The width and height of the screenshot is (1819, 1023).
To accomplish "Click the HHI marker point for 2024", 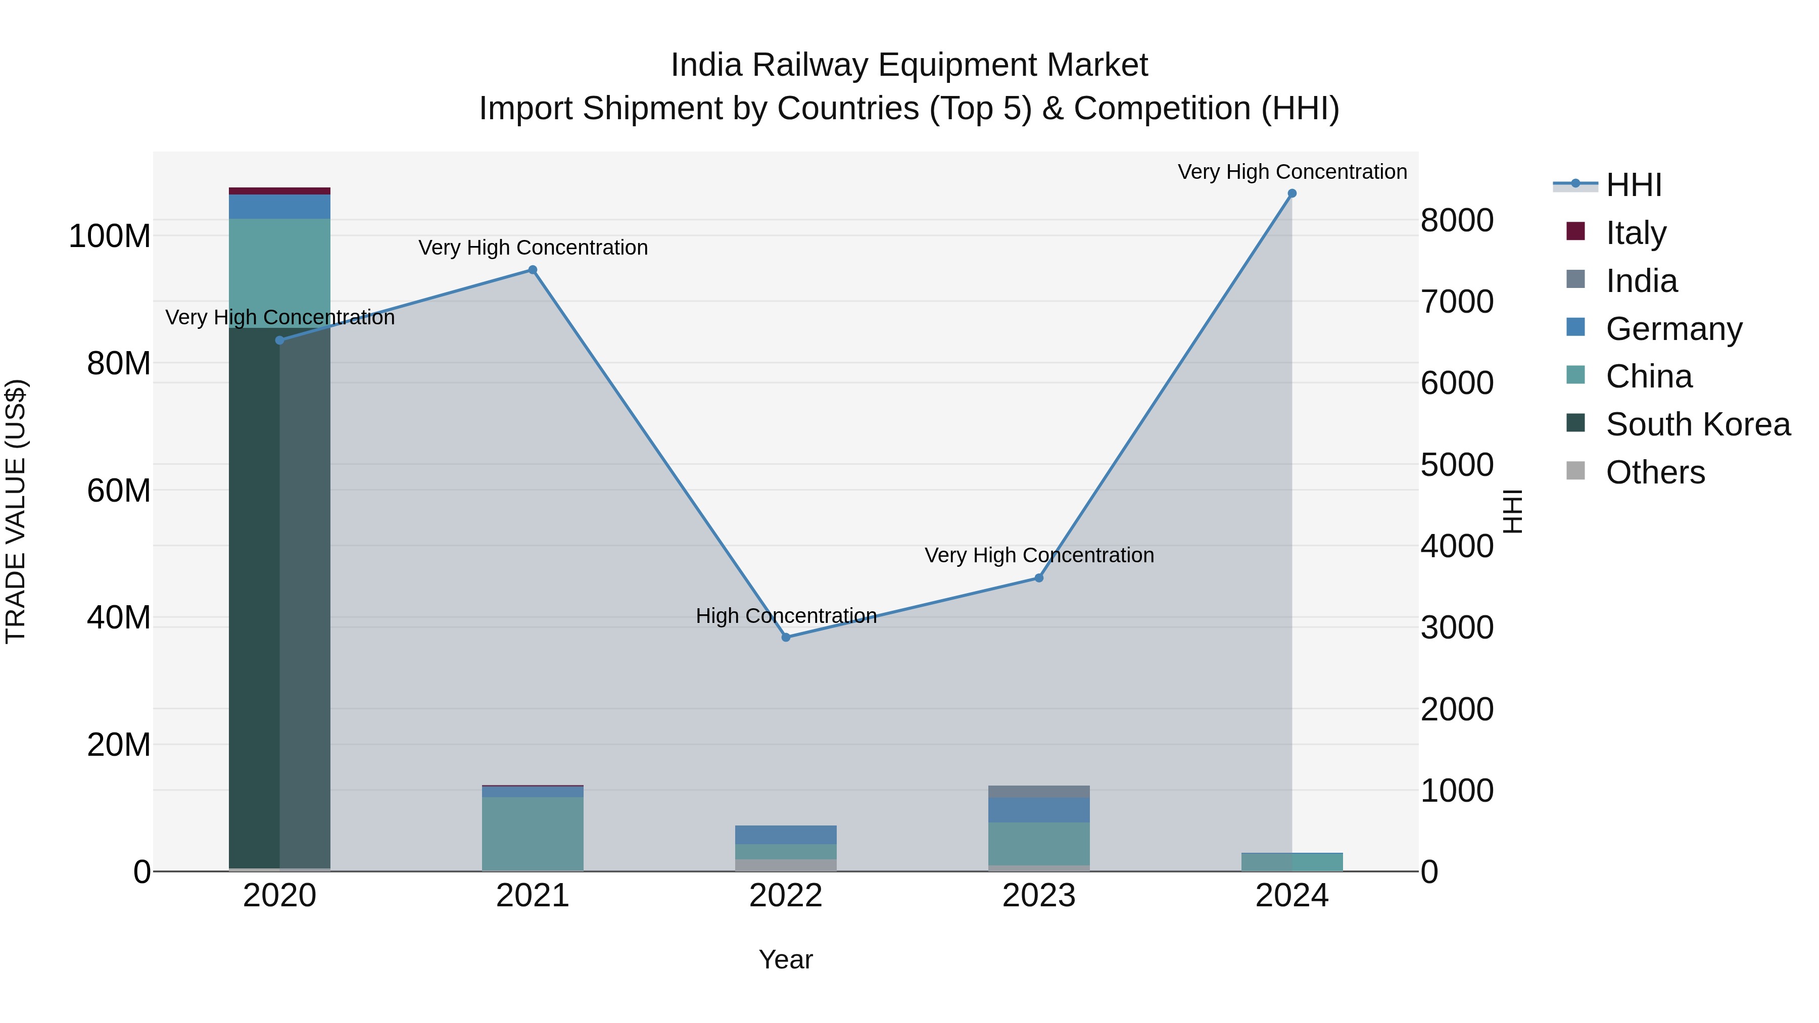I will pos(1291,193).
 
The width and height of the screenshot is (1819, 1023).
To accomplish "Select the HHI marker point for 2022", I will pos(786,637).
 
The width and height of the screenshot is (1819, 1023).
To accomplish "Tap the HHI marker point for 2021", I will pos(533,270).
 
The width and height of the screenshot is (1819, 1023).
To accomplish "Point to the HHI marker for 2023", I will pos(1039,577).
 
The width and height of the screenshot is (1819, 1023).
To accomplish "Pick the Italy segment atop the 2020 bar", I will pos(279,190).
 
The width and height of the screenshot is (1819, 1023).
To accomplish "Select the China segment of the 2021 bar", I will pos(533,833).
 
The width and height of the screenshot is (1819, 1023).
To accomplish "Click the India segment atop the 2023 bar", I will pos(1039,792).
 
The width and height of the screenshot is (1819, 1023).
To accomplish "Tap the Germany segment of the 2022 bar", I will pos(786,835).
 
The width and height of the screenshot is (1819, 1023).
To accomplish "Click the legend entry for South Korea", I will pos(1698,424).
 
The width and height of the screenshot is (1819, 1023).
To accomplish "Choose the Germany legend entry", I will pos(1673,329).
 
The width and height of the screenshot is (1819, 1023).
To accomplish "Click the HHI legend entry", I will pos(1633,185).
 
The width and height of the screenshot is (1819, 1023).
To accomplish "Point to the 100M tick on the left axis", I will pos(110,236).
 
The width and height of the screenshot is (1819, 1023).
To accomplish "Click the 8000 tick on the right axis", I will pos(1457,220).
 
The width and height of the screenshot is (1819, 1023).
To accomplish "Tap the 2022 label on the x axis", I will pos(786,896).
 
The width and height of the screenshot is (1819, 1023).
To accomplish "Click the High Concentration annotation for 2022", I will pos(786,616).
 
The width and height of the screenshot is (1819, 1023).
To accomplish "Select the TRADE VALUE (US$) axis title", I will pos(16,511).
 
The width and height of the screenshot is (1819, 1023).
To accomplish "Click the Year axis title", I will pos(786,959).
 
